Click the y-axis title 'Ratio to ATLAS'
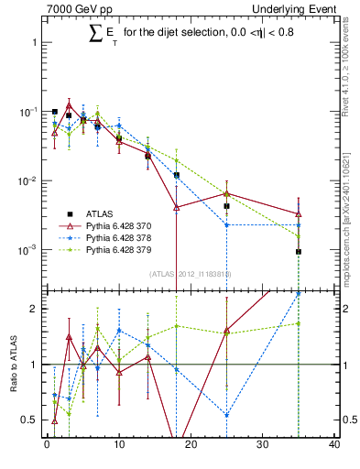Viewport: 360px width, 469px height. [13, 365]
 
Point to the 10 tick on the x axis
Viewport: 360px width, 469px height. [118, 445]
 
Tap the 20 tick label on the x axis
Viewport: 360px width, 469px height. [191, 445]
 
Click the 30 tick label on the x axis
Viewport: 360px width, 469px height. [263, 445]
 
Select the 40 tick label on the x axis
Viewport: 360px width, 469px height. [334, 445]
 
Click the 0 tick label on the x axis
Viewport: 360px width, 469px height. [47, 445]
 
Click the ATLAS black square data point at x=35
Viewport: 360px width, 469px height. [299, 251]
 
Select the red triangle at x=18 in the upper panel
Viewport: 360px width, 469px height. [176, 208]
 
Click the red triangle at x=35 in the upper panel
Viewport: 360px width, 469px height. [299, 214]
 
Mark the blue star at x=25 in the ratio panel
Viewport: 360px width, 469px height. [226, 415]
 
